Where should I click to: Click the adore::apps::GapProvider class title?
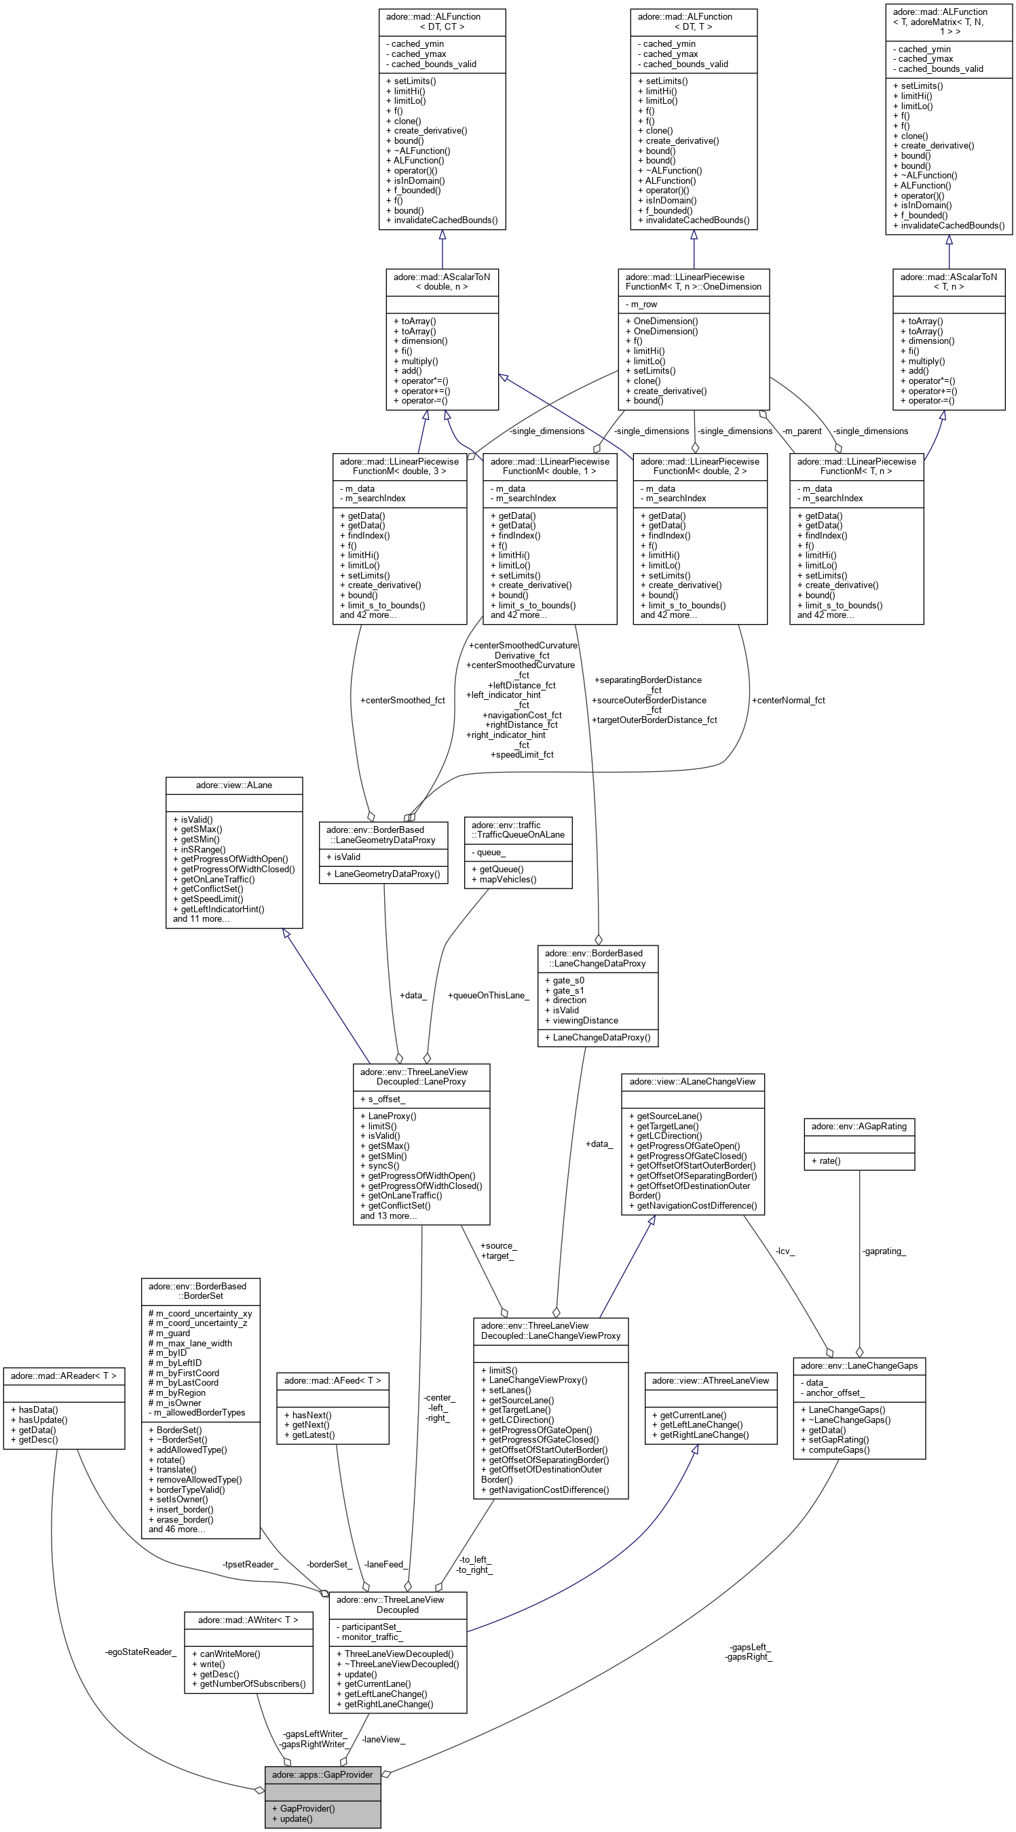pos(322,1774)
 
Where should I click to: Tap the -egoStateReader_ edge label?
pos(140,1652)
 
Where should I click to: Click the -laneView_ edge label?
pos(383,1739)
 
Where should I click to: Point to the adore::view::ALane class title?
pos(234,785)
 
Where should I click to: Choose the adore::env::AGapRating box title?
pos(859,1126)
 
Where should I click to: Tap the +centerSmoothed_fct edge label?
pos(402,700)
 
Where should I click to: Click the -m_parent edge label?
pos(801,431)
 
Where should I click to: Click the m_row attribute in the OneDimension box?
pos(644,305)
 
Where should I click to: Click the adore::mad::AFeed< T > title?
pos(333,1380)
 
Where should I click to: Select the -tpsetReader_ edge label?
pos(250,1564)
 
